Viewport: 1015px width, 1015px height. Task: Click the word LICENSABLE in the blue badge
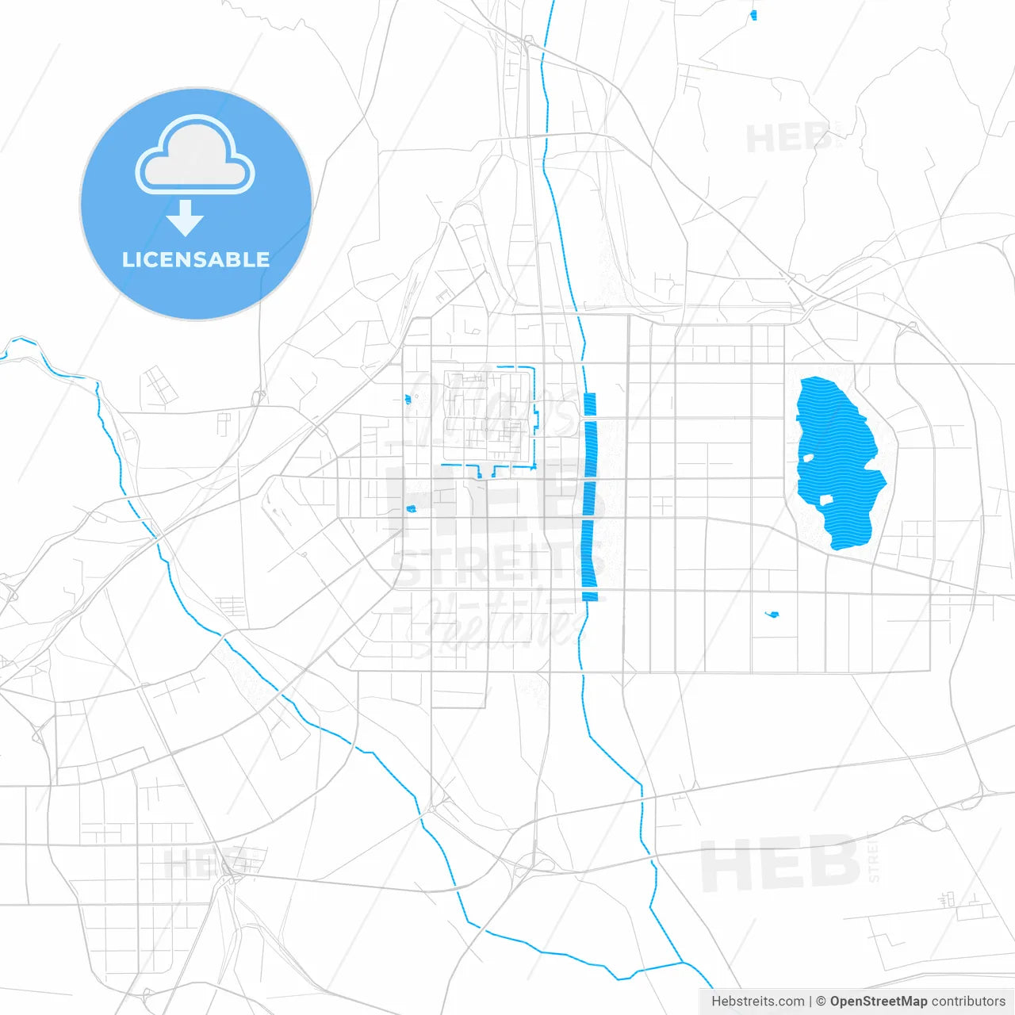[x=195, y=259]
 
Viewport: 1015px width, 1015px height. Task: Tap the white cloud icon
[x=195, y=156]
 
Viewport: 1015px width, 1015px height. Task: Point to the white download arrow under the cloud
[x=186, y=217]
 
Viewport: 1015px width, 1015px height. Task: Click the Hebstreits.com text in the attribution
[x=757, y=1002]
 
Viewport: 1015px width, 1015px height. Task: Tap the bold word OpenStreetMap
[x=878, y=1002]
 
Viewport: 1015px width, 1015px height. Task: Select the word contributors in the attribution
[x=968, y=1002]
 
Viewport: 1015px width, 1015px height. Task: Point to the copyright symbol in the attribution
[x=821, y=1002]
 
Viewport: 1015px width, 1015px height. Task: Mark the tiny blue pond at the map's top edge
[x=753, y=14]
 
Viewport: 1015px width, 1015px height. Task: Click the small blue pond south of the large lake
[x=772, y=614]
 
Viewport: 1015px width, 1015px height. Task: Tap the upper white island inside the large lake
[x=807, y=458]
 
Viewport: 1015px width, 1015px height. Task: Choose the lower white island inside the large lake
[x=825, y=500]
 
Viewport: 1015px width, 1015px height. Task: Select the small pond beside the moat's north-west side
[x=408, y=399]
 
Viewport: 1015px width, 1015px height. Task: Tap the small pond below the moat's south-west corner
[x=411, y=508]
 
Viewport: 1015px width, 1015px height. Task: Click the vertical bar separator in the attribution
[x=810, y=1002]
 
